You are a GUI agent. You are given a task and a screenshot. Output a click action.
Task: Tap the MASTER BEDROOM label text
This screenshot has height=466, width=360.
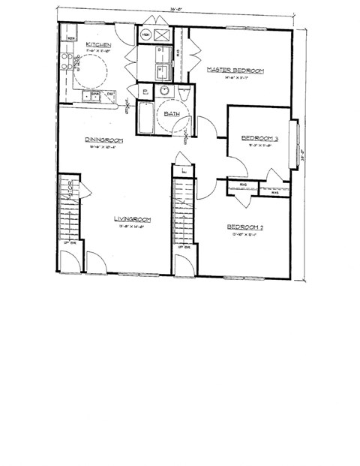tap(235, 71)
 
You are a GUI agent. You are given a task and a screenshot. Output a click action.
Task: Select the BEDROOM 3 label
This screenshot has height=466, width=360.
tap(259, 138)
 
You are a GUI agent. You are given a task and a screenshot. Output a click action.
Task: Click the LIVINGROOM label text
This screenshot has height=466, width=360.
tap(133, 220)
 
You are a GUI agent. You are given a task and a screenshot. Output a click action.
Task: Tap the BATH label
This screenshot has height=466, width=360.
tap(172, 113)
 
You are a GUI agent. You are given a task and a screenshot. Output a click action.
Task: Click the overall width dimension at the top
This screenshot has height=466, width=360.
tap(175, 10)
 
